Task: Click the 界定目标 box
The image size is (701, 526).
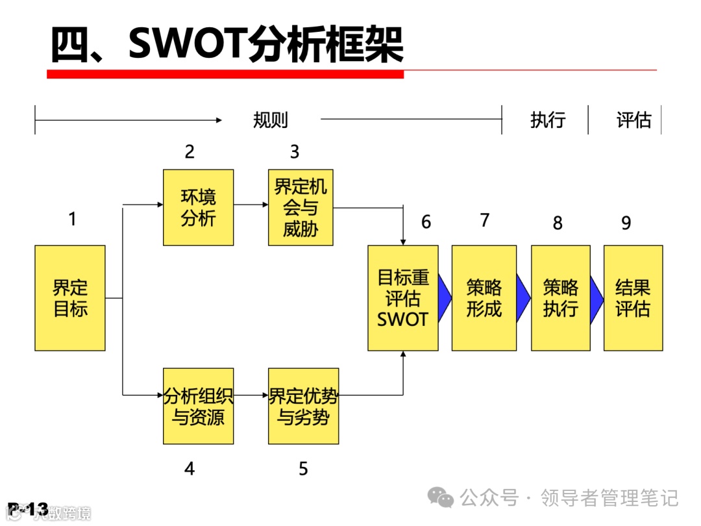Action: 70,298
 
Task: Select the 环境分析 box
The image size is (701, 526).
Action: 198,208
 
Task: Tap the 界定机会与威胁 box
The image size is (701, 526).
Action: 301,208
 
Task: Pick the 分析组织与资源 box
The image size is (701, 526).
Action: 198,406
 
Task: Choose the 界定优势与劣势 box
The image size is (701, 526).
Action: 303,406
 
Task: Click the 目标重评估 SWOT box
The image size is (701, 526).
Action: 402,298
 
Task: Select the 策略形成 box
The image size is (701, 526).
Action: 484,298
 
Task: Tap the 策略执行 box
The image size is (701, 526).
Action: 560,298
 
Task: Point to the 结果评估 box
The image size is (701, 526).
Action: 633,298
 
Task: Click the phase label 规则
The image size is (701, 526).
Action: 270,120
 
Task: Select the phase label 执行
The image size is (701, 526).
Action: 548,120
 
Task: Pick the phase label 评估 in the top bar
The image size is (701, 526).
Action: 633,120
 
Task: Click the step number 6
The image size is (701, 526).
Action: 426,222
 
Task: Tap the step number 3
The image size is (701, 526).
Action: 295,152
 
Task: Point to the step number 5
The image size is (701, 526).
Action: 303,469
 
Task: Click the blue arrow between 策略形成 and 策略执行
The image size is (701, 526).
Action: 523,298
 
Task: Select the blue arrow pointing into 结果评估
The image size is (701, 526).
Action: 596,298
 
